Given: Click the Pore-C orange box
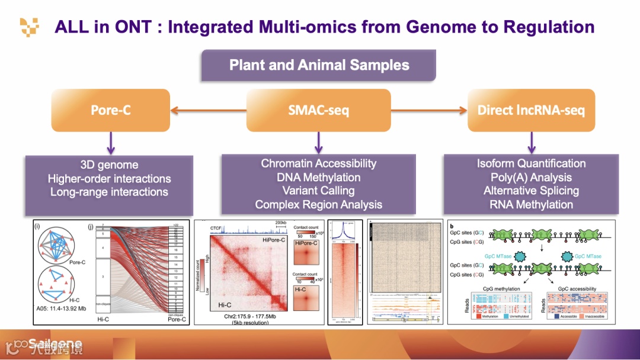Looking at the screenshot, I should (x=110, y=110).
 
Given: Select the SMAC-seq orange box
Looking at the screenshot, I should (x=318, y=110).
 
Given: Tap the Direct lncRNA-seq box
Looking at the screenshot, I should (x=532, y=110).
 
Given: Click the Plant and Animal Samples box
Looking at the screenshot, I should (x=319, y=65).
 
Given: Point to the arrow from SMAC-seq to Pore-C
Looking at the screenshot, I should (x=208, y=110).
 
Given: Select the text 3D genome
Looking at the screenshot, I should (x=109, y=165).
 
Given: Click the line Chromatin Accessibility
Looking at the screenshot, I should (x=319, y=163).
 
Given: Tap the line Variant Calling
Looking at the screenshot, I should (x=319, y=191).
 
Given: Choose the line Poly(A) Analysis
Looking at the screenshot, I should (x=531, y=177).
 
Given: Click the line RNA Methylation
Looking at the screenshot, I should (x=531, y=205).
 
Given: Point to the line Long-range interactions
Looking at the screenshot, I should (x=109, y=192).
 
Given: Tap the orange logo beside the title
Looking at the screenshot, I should (x=30, y=27).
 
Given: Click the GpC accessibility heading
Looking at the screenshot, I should (x=574, y=289).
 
